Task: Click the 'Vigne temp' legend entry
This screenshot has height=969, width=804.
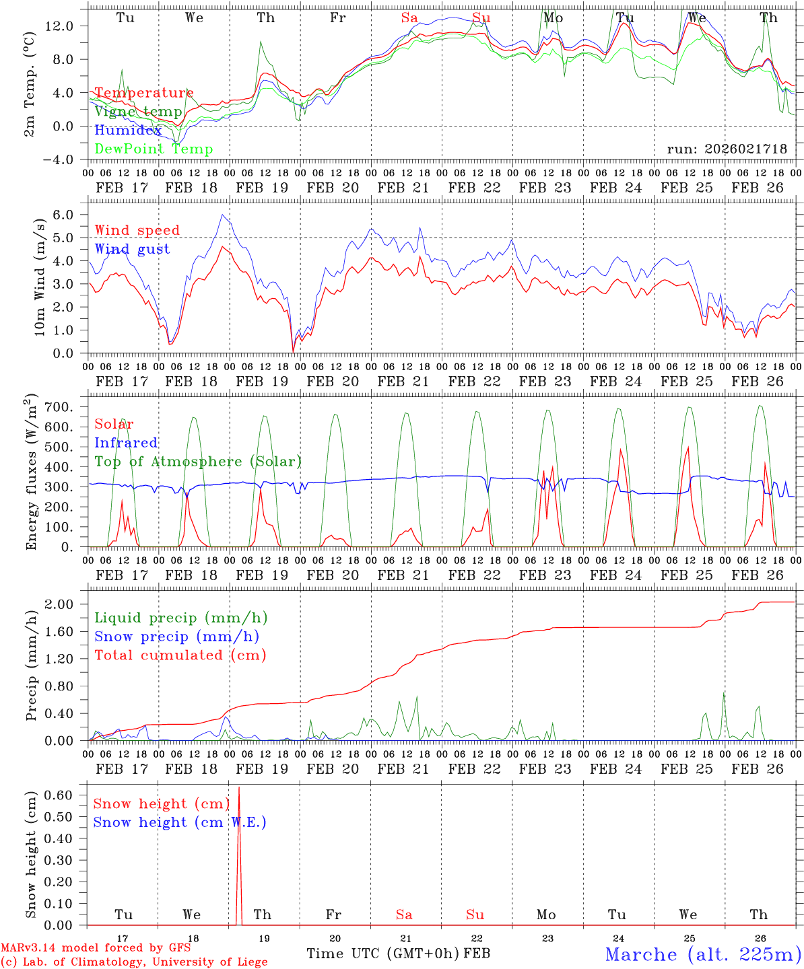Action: coord(138,112)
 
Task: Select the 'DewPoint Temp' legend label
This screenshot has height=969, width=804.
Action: coord(154,149)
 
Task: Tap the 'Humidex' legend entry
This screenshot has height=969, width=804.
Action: coord(128,131)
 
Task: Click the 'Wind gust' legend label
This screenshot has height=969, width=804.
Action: coord(132,249)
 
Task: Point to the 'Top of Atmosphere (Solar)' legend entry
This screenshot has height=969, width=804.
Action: coord(198,462)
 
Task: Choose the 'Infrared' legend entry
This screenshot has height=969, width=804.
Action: coord(126,443)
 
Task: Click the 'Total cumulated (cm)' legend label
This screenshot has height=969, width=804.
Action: coord(180,655)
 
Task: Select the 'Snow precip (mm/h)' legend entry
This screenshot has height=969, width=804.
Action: coord(176,637)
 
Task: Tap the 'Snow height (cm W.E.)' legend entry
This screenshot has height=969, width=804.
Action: coord(180,822)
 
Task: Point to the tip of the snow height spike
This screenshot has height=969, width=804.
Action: coord(239,787)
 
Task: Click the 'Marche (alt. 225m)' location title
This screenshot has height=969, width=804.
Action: coord(703,954)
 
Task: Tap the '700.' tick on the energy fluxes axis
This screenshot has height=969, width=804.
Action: coord(58,407)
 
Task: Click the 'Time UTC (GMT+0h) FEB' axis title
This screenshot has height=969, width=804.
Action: coord(398,954)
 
